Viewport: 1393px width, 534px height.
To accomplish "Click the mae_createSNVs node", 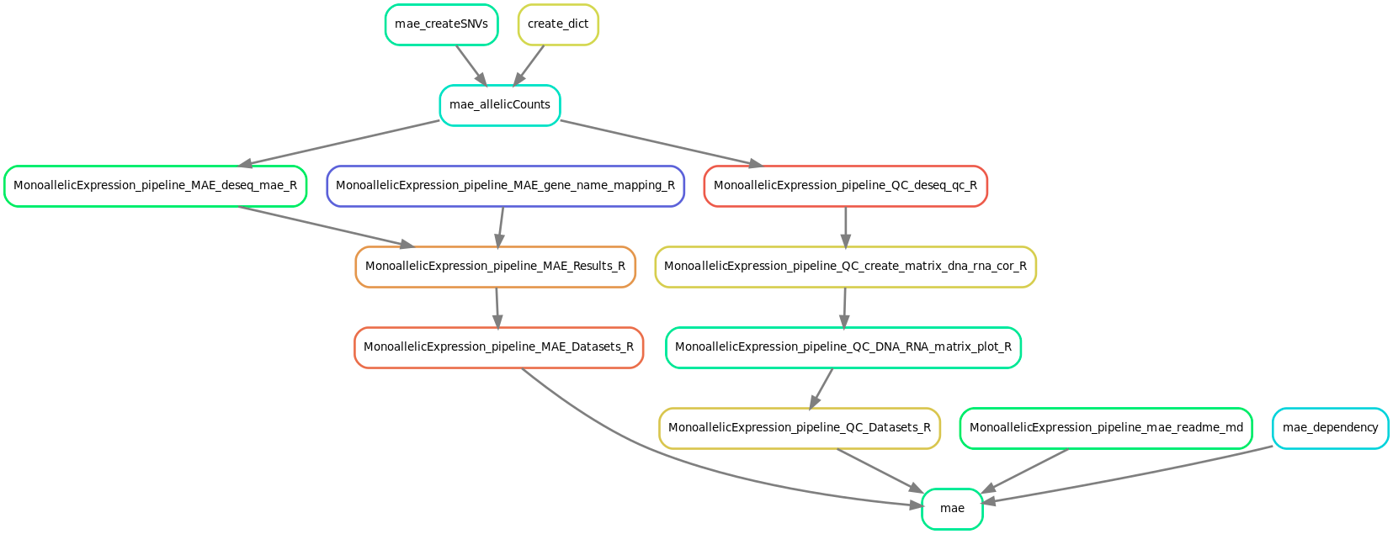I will point(441,24).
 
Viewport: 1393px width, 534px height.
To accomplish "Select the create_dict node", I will point(558,24).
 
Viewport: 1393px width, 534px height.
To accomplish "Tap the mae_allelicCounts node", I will point(500,105).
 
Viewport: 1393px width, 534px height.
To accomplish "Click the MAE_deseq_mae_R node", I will point(155,186).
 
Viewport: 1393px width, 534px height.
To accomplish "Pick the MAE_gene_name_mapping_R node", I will point(505,186).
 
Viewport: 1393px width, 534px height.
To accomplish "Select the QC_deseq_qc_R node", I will point(845,186).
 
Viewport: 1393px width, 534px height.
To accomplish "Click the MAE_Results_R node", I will point(495,267).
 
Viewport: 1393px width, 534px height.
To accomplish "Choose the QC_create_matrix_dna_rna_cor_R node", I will point(845,267).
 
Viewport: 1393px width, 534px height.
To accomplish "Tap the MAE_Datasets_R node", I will point(498,347).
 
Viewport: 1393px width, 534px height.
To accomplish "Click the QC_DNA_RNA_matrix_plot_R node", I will point(843,347).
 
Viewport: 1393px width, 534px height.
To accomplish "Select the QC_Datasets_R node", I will point(799,428).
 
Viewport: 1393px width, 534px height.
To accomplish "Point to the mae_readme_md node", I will point(1106,428).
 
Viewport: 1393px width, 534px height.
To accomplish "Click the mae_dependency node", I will point(1330,428).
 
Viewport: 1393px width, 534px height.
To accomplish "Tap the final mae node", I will point(952,509).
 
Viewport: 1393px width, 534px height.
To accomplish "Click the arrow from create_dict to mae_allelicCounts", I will point(529,65).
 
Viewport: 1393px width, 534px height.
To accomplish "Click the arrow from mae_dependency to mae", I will point(1128,475).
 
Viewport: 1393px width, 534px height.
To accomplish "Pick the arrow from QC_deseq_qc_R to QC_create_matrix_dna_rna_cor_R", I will point(845,226).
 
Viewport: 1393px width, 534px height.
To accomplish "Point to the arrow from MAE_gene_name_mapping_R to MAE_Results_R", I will point(501,226).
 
